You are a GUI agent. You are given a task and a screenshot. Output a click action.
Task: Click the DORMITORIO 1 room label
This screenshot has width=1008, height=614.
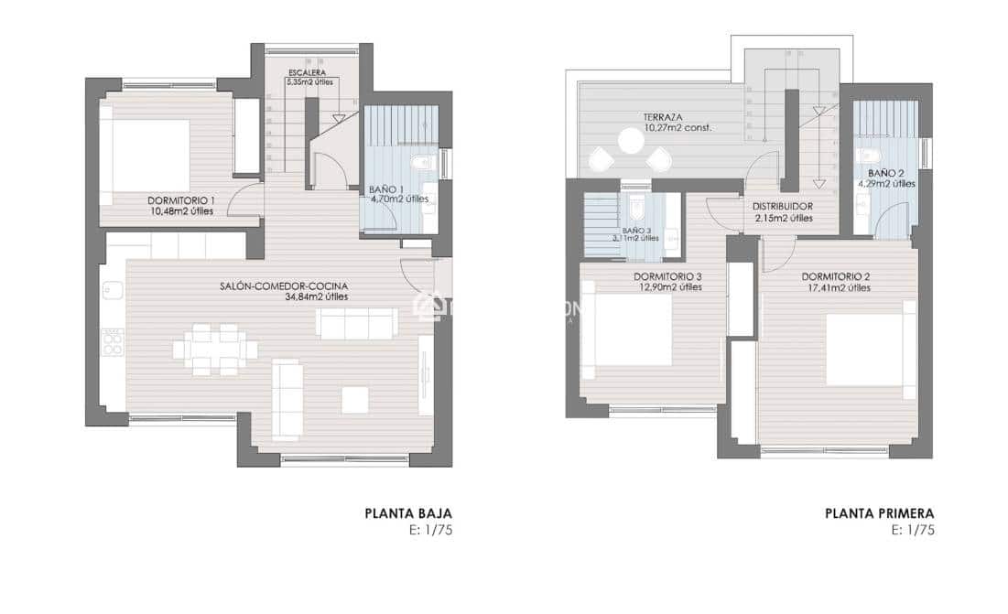(x=181, y=200)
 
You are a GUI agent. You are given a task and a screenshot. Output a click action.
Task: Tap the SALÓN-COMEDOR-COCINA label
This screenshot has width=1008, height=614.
(x=284, y=285)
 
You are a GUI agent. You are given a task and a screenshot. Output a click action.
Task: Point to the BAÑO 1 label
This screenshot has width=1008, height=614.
(x=385, y=190)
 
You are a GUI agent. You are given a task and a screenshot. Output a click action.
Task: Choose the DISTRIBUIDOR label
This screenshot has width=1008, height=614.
(x=783, y=206)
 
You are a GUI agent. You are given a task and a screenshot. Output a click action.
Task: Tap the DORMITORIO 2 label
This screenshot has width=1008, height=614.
(x=835, y=276)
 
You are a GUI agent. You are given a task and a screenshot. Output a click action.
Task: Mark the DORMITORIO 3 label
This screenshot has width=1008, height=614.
(x=667, y=276)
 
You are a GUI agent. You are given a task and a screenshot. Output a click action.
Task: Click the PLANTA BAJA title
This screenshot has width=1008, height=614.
(x=408, y=514)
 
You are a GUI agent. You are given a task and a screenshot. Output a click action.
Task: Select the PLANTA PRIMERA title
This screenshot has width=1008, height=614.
(x=879, y=514)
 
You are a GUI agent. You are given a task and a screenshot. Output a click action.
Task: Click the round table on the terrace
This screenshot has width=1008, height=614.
(x=630, y=140)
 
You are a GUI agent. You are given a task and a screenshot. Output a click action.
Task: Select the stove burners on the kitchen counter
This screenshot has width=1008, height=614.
(x=113, y=342)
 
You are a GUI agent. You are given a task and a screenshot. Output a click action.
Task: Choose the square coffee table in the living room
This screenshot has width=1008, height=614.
(x=354, y=399)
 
